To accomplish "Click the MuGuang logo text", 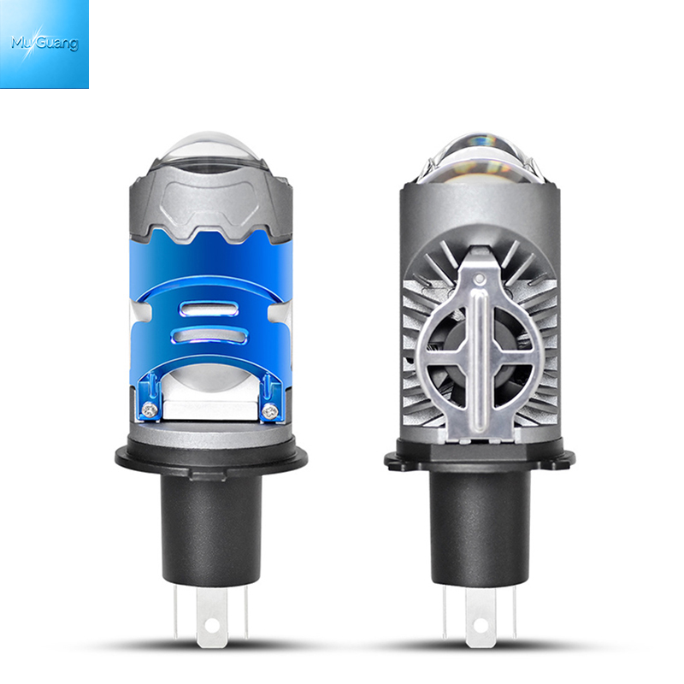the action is tap(44, 43).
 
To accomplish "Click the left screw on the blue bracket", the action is tap(150, 409).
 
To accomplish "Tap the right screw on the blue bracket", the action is tap(269, 410).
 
